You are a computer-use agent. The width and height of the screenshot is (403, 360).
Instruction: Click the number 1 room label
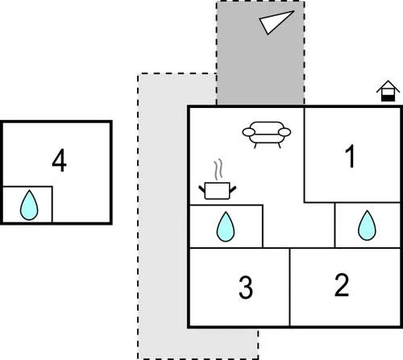(351, 156)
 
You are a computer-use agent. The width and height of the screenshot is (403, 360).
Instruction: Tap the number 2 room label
(342, 284)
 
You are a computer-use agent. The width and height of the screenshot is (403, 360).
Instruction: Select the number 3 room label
(246, 288)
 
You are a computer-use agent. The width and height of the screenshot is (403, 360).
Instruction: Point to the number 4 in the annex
(59, 160)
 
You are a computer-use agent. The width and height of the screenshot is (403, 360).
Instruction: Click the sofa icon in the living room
(267, 134)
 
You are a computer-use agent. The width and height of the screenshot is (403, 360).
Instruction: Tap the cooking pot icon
(218, 191)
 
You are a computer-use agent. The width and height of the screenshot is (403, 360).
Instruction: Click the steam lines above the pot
(218, 170)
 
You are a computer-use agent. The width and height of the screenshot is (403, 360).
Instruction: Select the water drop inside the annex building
(29, 205)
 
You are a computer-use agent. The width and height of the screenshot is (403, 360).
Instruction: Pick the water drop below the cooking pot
(226, 227)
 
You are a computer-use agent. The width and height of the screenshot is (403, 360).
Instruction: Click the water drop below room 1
(367, 226)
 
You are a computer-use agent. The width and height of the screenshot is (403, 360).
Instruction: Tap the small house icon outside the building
(388, 91)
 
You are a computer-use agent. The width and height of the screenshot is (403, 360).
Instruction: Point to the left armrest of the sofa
(248, 132)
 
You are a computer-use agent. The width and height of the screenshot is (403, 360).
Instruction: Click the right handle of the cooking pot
(233, 189)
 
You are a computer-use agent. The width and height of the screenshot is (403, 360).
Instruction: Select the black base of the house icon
(388, 98)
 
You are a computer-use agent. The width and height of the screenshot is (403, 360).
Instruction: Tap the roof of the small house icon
(388, 86)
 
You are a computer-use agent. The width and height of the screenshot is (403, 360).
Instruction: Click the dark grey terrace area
(260, 53)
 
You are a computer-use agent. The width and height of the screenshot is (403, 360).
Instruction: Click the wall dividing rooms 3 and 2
(289, 288)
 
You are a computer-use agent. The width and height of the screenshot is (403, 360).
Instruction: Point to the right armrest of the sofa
(285, 132)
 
